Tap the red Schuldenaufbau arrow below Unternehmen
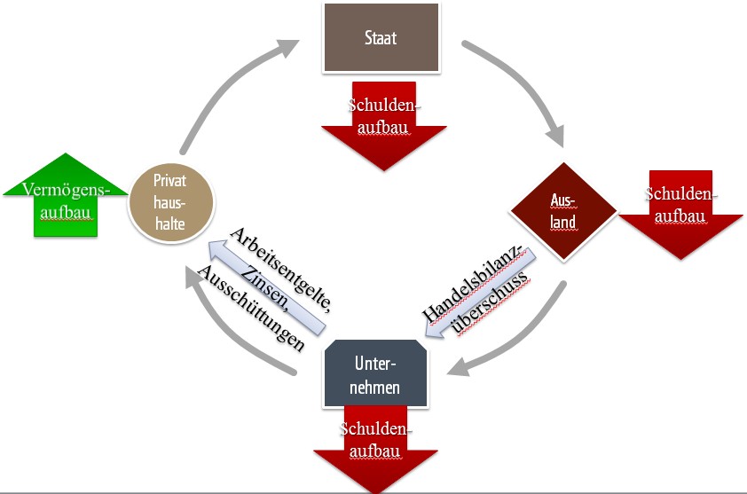pyautogui.click(x=374, y=461)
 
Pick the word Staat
pyautogui.click(x=381, y=38)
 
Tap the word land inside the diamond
pyautogui.click(x=562, y=223)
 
